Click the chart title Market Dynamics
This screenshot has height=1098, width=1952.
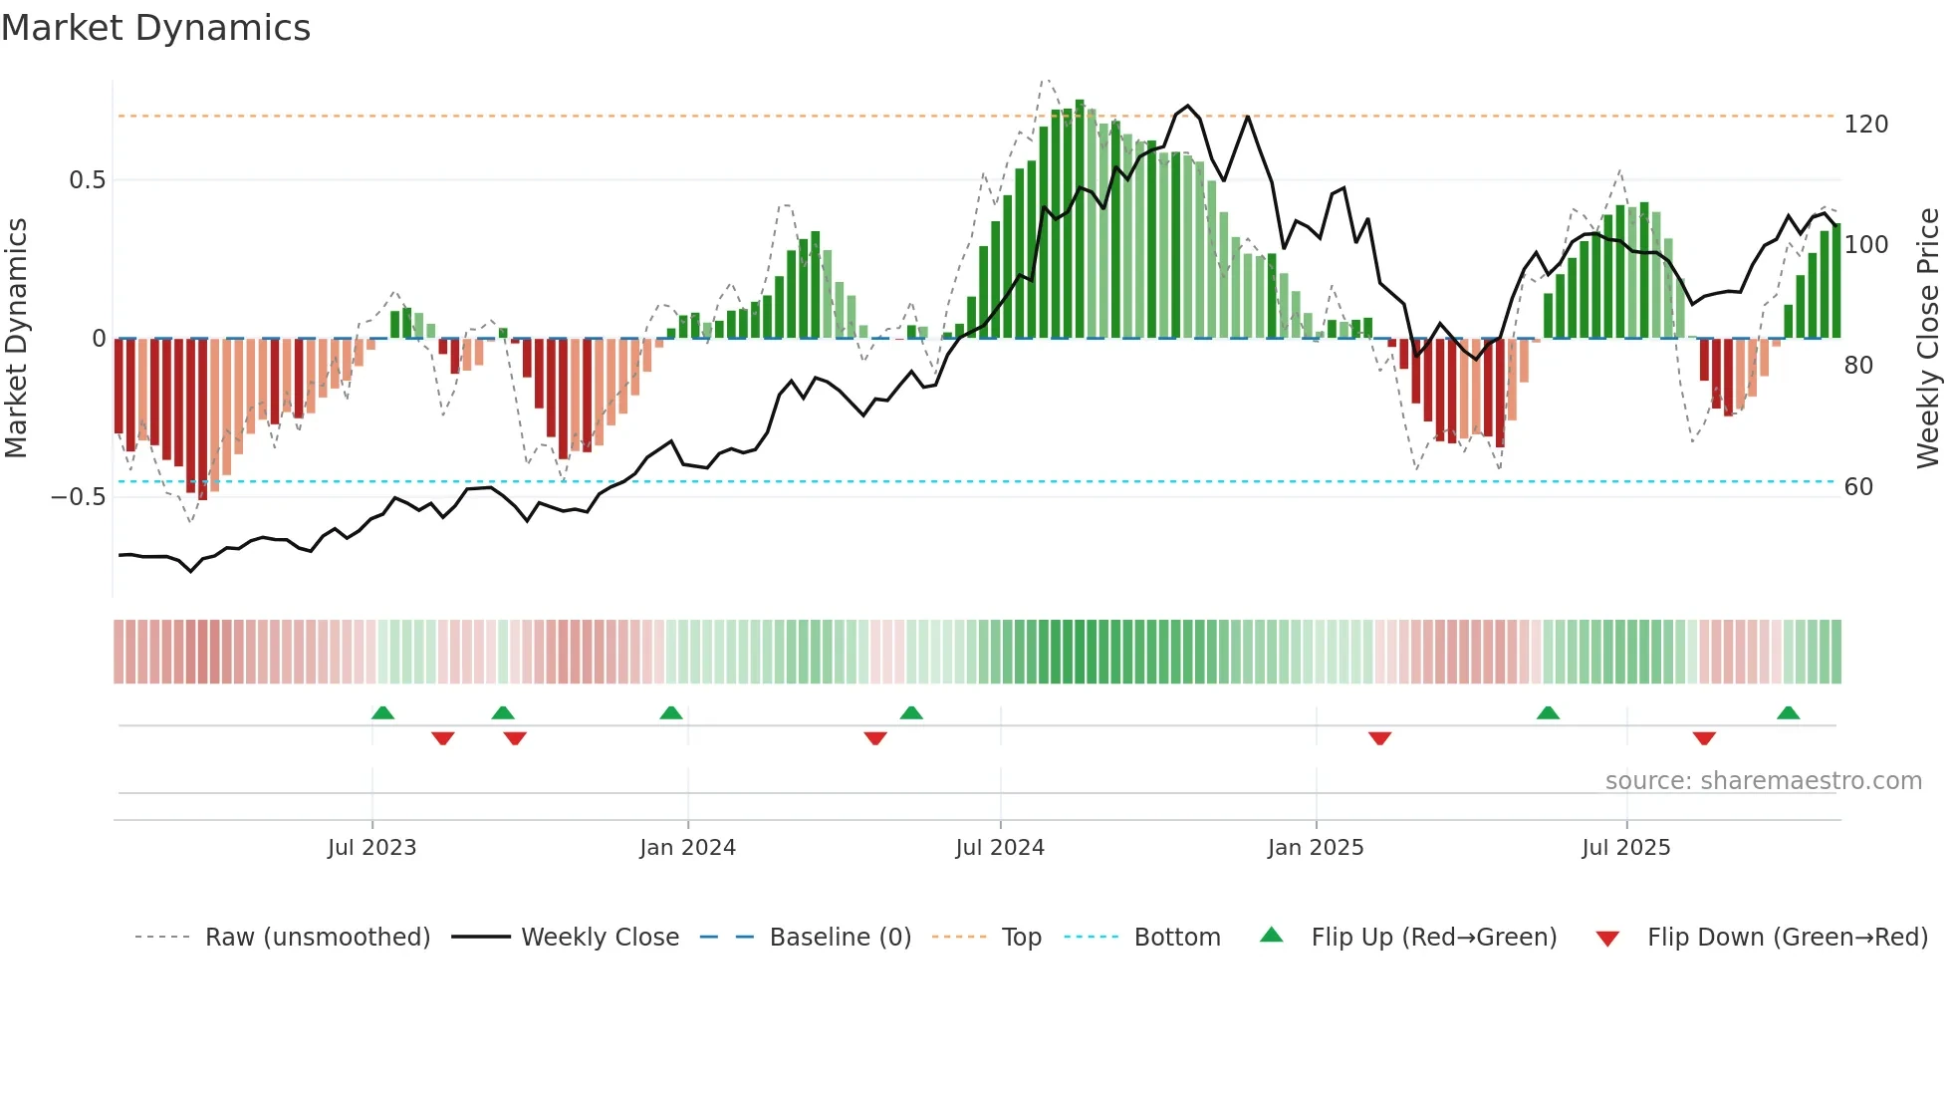pyautogui.click(x=155, y=28)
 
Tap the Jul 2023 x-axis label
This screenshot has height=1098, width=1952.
pyautogui.click(x=371, y=848)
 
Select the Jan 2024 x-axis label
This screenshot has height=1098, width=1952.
pyautogui.click(x=687, y=848)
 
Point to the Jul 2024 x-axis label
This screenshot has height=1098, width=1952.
pyautogui.click(x=1000, y=848)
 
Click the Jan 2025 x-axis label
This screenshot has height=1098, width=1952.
pyautogui.click(x=1316, y=848)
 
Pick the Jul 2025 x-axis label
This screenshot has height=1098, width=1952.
pyautogui.click(x=1625, y=848)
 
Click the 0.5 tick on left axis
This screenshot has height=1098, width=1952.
pyautogui.click(x=87, y=180)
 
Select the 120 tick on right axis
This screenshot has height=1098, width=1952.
pyautogui.click(x=1865, y=125)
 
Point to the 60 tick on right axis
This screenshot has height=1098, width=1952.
pyautogui.click(x=1858, y=487)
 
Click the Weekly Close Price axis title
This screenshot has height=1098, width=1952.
pyautogui.click(x=1928, y=339)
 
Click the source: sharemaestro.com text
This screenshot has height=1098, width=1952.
pyautogui.click(x=1763, y=781)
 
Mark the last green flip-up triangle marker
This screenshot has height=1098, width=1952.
pyautogui.click(x=1788, y=713)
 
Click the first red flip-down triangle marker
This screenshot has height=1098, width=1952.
pyautogui.click(x=443, y=737)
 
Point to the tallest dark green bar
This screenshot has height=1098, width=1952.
pyautogui.click(x=1080, y=219)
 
